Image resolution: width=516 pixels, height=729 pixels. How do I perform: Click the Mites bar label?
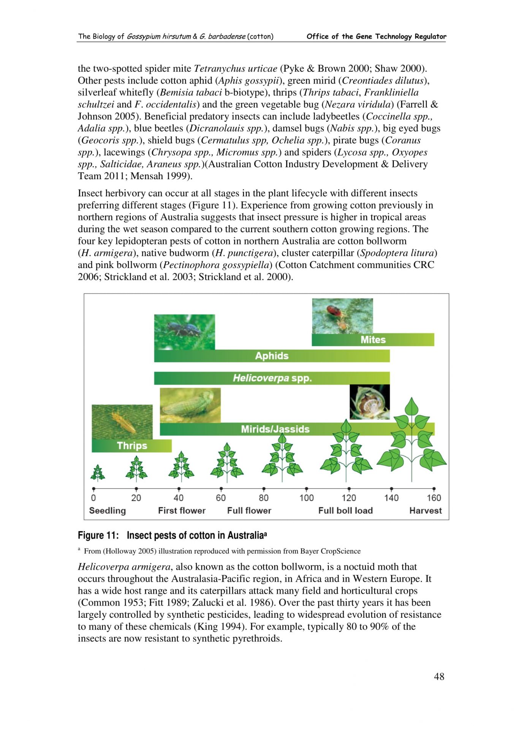[373, 339]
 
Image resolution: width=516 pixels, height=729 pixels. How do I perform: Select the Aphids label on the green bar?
[272, 356]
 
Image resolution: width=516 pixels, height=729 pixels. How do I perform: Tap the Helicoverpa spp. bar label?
[272, 378]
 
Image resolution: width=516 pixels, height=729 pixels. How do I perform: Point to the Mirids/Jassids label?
[275, 429]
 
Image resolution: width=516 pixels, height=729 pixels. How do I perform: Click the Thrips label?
[132, 445]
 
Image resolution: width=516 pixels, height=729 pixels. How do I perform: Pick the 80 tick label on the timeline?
[264, 498]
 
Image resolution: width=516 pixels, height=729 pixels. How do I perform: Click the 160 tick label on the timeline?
[434, 498]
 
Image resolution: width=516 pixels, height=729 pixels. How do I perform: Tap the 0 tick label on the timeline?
[93, 498]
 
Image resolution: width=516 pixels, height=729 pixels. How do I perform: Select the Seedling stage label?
[107, 511]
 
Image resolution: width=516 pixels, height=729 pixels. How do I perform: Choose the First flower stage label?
[182, 511]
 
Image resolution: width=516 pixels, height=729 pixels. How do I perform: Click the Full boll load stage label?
[345, 511]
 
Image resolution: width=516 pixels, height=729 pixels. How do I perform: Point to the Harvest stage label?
[426, 511]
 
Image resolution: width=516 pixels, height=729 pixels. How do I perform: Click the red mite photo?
[342, 316]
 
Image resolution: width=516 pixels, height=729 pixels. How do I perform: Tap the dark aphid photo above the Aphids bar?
[184, 331]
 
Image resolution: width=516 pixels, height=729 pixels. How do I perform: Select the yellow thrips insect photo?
[122, 422]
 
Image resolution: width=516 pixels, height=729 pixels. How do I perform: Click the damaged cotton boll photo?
[369, 402]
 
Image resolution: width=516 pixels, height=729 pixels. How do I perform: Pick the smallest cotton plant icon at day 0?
[98, 472]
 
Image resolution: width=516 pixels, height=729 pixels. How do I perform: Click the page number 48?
[439, 677]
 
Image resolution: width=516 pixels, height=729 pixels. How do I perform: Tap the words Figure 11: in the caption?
[98, 535]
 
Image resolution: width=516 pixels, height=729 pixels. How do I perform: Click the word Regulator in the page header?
[430, 36]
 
